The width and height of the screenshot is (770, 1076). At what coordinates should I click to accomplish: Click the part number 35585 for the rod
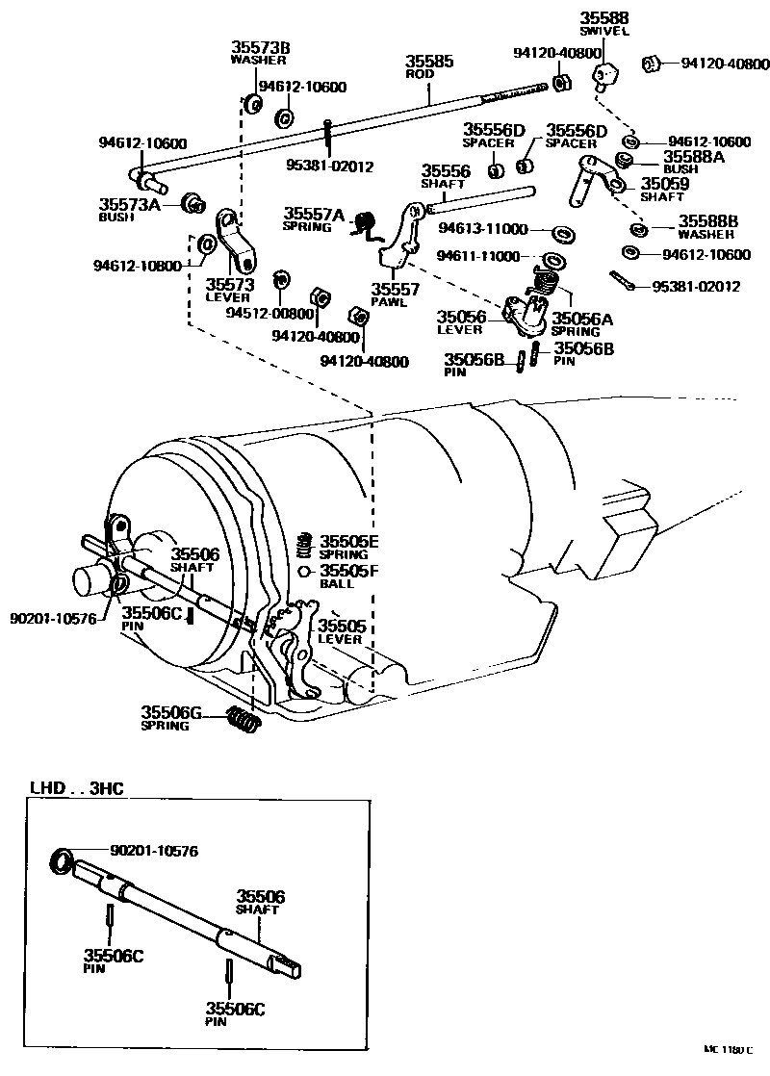[428, 61]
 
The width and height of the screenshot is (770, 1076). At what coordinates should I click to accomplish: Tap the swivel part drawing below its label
[603, 75]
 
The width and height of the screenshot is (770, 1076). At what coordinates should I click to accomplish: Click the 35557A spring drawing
[364, 223]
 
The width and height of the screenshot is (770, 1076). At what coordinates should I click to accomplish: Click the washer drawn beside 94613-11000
[558, 232]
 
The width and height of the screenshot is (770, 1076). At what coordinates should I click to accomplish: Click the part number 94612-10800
[138, 266]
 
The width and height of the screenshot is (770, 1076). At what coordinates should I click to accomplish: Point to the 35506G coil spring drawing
[244, 718]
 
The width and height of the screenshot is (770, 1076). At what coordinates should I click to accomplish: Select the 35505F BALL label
[349, 577]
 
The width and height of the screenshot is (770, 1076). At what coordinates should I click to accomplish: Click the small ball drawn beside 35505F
[304, 572]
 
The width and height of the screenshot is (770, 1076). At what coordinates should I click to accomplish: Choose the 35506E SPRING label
[349, 547]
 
